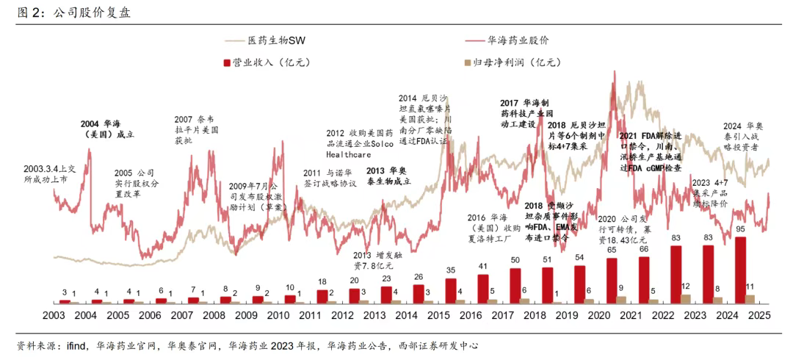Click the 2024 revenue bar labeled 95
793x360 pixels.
pyautogui.click(x=740, y=270)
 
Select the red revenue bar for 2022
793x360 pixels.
pyautogui.click(x=676, y=274)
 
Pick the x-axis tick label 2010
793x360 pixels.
pyautogui.click(x=278, y=316)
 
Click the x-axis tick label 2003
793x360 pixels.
pyautogui.click(x=54, y=316)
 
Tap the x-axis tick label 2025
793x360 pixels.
pyautogui.click(x=758, y=316)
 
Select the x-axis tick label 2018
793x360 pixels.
pyautogui.click(x=535, y=316)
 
